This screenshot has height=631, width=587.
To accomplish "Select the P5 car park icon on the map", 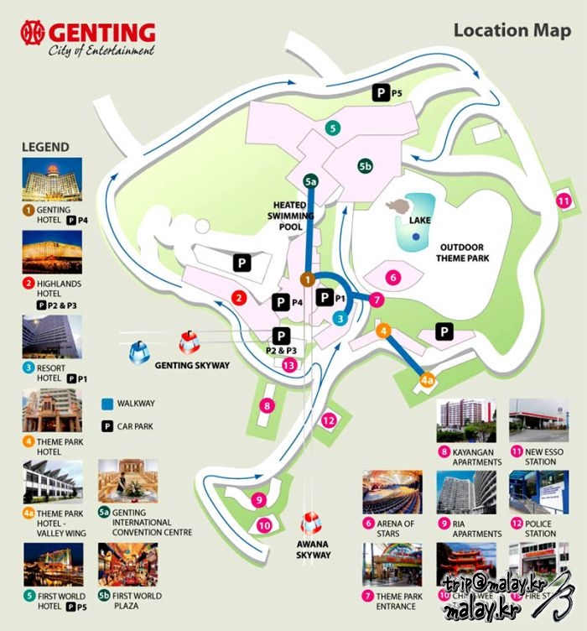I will (x=382, y=94).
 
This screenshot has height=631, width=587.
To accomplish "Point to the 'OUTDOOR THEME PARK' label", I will (x=462, y=253).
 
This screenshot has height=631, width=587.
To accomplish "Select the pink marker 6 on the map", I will (x=392, y=276).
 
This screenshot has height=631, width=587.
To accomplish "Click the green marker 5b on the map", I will (x=366, y=166).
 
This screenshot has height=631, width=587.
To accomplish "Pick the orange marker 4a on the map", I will (x=428, y=381).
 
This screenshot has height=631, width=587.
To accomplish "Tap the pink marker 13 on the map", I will (x=289, y=364).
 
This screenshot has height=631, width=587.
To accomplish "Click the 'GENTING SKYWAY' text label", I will (x=191, y=366).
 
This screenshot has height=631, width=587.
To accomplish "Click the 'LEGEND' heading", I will (x=45, y=147).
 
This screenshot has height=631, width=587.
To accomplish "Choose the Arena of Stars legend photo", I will (x=392, y=493).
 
